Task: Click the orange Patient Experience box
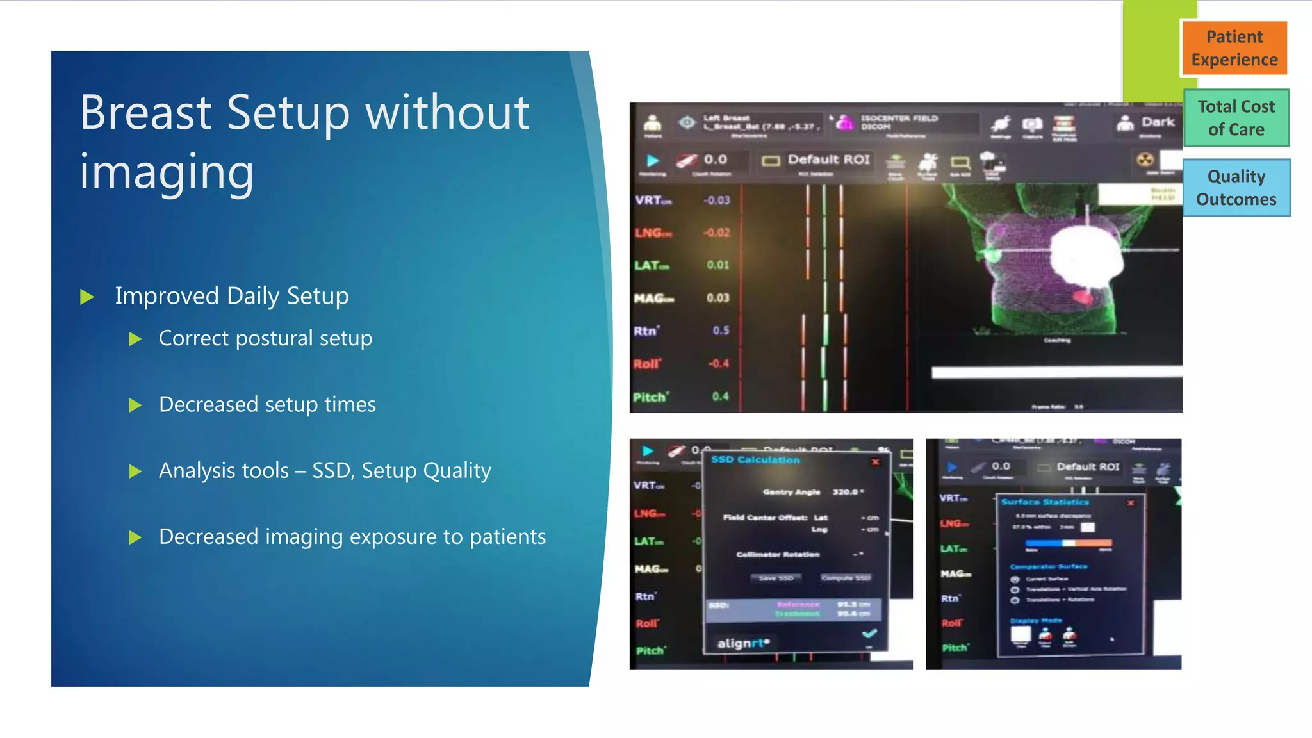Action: point(1234,48)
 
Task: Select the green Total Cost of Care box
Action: point(1236,118)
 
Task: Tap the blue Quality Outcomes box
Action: point(1236,188)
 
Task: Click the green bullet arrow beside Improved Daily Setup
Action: point(87,297)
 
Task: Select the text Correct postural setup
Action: point(265,338)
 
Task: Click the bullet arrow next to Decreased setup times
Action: point(135,405)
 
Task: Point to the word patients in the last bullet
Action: point(507,537)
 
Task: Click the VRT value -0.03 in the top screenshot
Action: point(716,201)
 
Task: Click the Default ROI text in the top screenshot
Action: point(828,160)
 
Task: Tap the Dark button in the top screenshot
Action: point(1157,122)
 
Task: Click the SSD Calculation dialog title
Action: point(755,460)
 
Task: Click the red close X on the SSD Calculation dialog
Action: point(875,461)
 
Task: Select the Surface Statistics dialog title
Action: point(1044,502)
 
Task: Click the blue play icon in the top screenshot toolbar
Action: point(653,160)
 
